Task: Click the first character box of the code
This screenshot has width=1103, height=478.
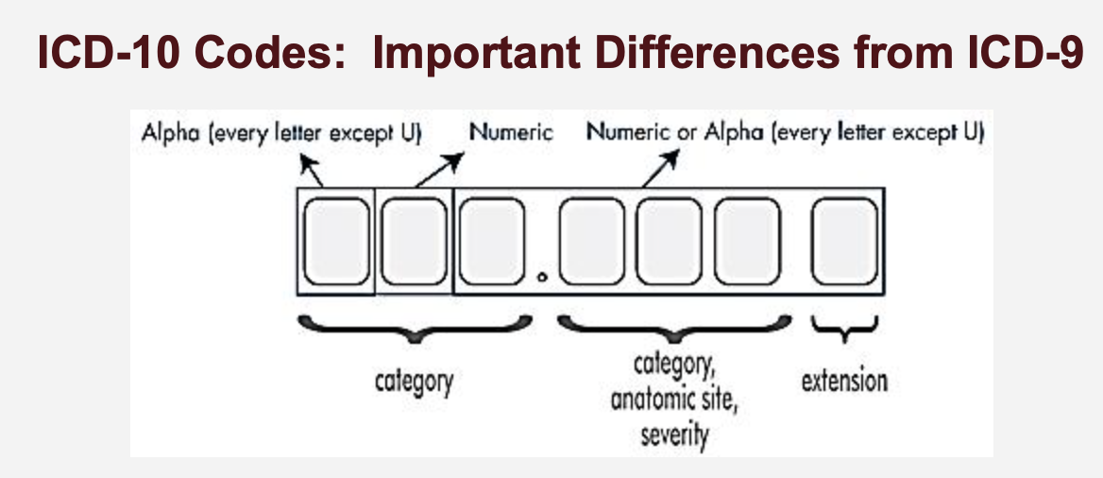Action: [336, 242]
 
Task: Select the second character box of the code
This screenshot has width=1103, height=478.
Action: [414, 242]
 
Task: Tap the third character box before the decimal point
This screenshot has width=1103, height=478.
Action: [491, 242]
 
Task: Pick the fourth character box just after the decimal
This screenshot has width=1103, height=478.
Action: [593, 242]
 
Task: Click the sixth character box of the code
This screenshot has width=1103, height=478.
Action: [747, 242]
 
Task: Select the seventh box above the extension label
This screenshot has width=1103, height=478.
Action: [844, 242]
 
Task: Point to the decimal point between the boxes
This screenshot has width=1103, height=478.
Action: [542, 278]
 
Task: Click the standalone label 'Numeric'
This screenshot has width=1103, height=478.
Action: [511, 131]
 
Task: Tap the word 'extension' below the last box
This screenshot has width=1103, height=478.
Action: [844, 382]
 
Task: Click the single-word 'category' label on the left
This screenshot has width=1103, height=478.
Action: [412, 382]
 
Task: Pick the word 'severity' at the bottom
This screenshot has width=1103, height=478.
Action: [674, 435]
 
